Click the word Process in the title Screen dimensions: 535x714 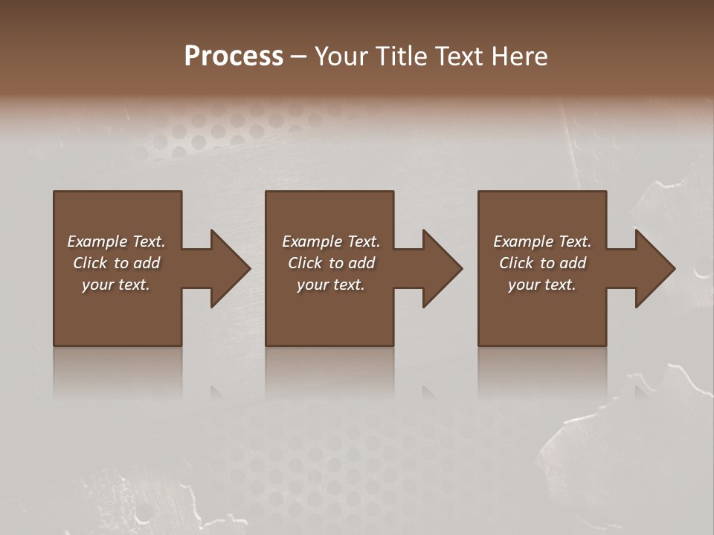tap(234, 56)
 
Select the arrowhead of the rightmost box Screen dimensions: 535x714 tap(654, 268)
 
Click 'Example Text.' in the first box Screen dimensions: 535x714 tap(116, 241)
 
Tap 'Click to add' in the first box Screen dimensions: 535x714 tap(116, 263)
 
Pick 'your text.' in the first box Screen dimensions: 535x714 tap(116, 285)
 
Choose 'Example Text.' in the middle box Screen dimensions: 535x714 tap(331, 241)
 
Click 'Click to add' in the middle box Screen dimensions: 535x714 tap(331, 263)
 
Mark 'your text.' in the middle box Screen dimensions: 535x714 tap(331, 285)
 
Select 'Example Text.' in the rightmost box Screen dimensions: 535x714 tap(542, 241)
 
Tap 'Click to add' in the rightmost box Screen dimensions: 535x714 tap(542, 263)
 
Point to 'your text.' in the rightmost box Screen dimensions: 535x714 tap(542, 285)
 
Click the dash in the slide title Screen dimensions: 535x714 tap(298, 56)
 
